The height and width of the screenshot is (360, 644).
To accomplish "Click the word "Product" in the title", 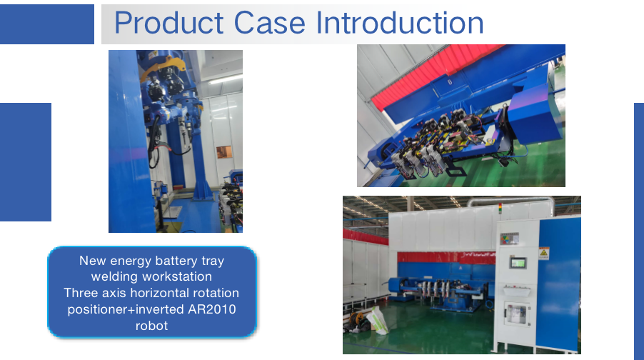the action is tap(168, 23).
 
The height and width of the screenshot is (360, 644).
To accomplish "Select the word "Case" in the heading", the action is tap(269, 23).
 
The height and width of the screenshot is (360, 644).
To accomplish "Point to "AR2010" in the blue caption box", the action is tap(212, 309).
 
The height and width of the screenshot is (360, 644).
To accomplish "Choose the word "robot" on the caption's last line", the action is tap(151, 326).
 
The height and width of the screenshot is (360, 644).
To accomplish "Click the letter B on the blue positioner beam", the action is tap(450, 81).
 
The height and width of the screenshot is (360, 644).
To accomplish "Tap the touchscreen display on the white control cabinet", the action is tap(518, 263).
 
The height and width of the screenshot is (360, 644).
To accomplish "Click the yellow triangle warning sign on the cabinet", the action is tap(544, 253).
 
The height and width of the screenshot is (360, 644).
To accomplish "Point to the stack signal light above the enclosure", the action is tap(500, 209).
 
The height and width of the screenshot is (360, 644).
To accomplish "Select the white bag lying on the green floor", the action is tap(378, 320).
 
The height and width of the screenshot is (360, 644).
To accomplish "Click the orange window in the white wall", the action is tap(224, 152).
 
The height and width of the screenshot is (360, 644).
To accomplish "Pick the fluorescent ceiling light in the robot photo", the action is tap(224, 79).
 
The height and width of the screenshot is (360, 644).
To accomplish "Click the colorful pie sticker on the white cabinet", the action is tap(509, 239).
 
